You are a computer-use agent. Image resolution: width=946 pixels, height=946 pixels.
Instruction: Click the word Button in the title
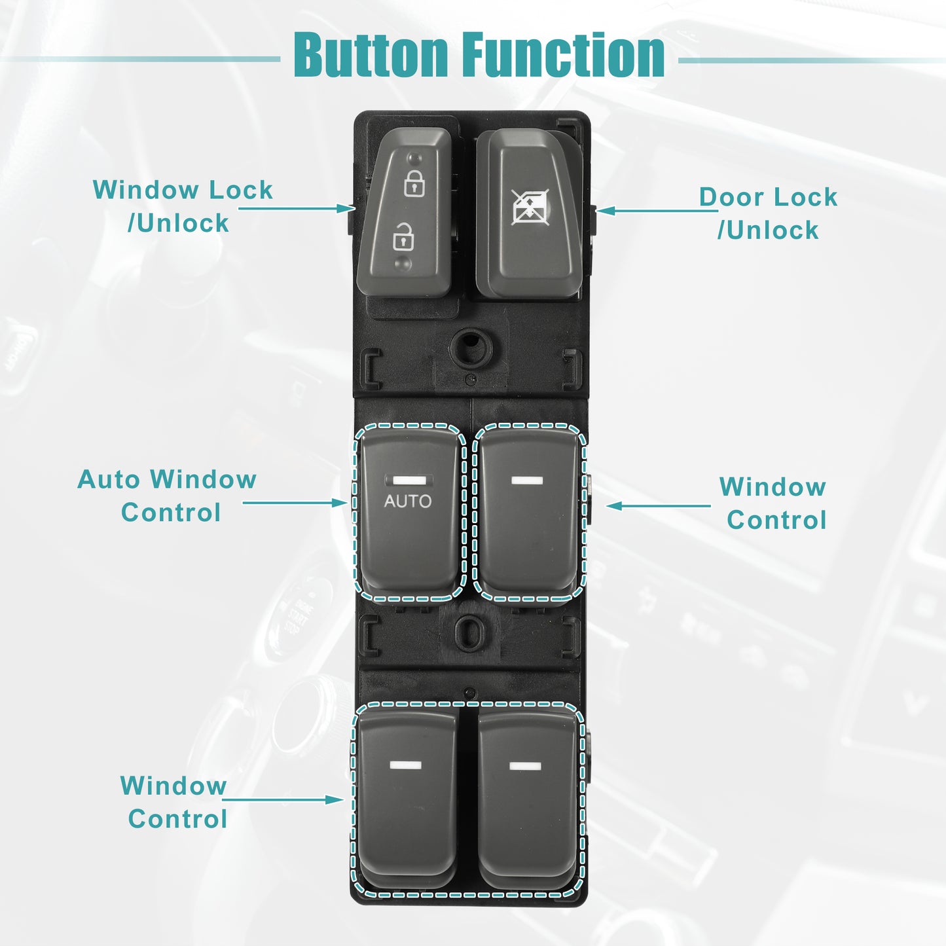[371, 54]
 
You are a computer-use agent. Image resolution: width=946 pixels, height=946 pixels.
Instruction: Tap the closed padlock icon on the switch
[414, 183]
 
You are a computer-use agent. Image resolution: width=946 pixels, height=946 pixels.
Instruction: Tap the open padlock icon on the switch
[403, 236]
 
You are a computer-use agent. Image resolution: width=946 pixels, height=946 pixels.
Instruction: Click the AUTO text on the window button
[407, 501]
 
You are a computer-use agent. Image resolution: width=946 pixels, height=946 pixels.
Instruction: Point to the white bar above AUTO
[409, 480]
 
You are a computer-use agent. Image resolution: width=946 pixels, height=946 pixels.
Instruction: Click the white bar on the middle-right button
[527, 480]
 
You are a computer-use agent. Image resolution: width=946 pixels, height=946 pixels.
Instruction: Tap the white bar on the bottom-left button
[405, 765]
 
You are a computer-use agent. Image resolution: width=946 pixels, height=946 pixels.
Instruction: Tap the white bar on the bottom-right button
[525, 766]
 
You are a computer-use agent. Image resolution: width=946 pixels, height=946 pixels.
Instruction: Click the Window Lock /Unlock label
[183, 206]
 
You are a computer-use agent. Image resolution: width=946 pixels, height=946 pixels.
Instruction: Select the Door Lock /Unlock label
[769, 213]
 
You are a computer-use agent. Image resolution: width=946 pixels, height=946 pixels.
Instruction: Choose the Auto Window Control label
[167, 496]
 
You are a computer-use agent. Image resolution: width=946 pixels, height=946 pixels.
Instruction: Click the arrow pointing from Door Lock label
[657, 211]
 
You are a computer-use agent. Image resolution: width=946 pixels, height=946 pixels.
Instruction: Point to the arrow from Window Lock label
[297, 209]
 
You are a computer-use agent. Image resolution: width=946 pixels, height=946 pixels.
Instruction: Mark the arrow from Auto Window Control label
[295, 503]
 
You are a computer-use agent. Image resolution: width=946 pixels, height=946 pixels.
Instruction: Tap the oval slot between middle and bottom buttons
[470, 633]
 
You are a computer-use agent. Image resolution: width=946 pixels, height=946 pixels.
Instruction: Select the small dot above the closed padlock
[415, 158]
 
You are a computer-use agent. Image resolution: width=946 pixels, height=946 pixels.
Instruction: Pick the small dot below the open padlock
[403, 263]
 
